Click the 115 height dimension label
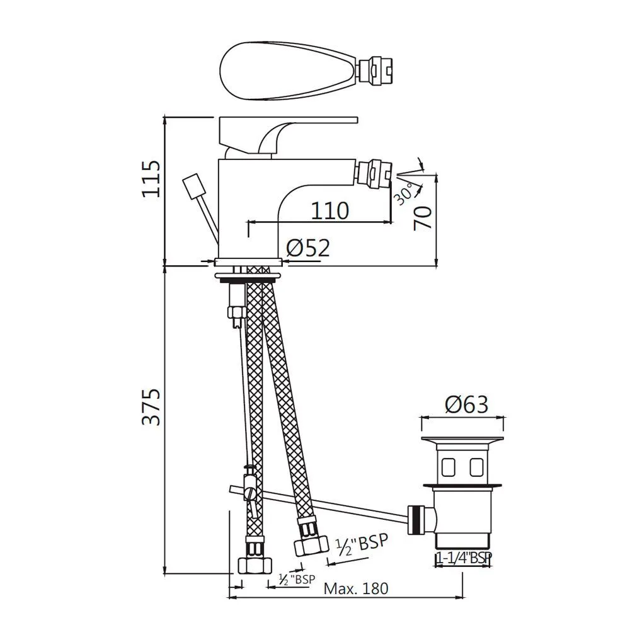point(151,179)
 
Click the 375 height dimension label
point(151,406)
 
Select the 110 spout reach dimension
point(329,210)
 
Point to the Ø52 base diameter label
point(308,248)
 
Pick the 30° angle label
point(404,193)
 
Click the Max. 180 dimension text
point(356,588)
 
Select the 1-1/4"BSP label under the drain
point(464,558)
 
